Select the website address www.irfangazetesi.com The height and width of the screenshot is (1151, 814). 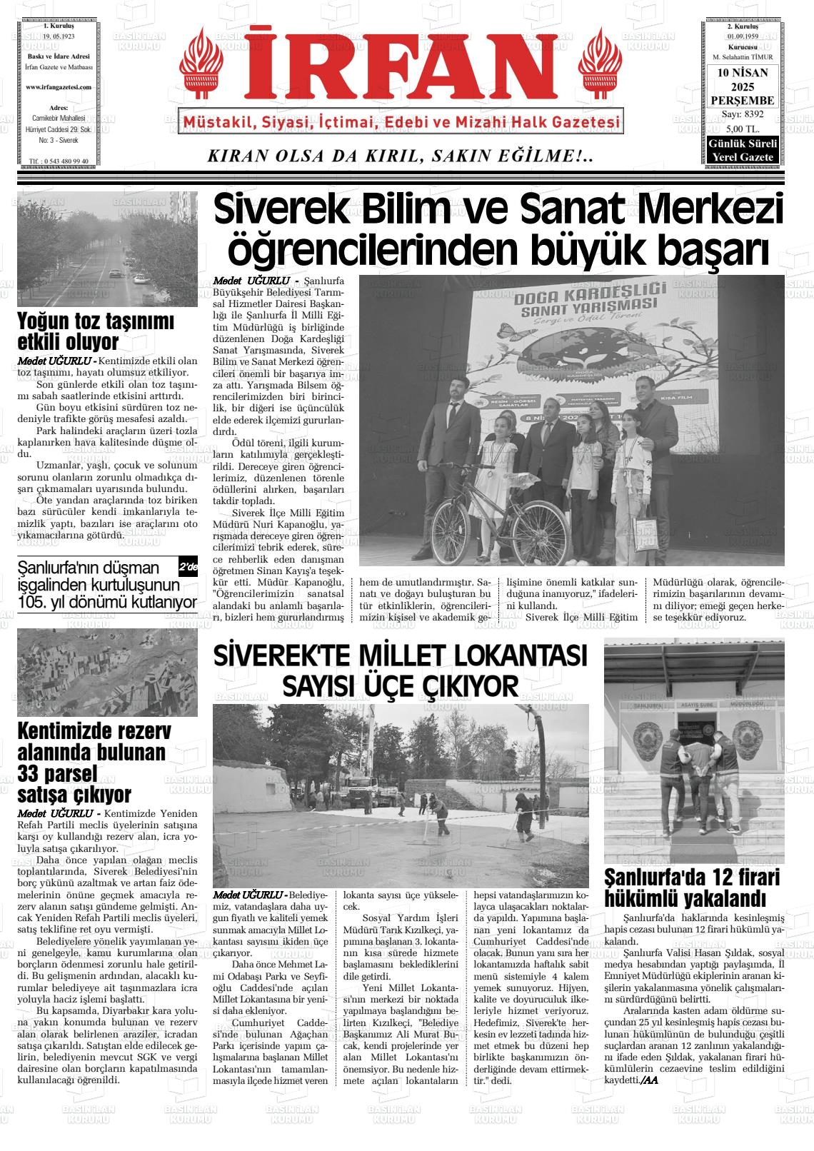click(x=58, y=87)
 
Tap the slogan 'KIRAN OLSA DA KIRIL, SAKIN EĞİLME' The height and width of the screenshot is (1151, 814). click(x=400, y=156)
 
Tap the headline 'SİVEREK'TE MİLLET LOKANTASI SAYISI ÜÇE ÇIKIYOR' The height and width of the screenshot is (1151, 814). click(x=400, y=670)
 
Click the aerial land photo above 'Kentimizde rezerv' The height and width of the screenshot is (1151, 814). click(x=107, y=672)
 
